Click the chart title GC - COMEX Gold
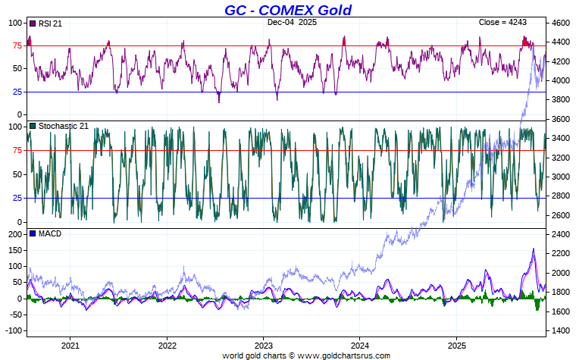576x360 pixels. (x=287, y=10)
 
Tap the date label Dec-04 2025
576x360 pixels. (x=292, y=23)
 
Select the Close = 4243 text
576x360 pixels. (x=502, y=23)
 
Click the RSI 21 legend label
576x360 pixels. (x=49, y=23)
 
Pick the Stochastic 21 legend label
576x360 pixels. (x=64, y=125)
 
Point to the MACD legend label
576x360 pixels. (x=49, y=233)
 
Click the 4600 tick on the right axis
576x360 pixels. (x=562, y=23)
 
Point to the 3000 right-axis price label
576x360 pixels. (x=562, y=177)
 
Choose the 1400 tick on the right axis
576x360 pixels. (x=562, y=331)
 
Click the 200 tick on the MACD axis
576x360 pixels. (x=15, y=234)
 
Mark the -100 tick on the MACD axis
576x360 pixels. (x=13, y=331)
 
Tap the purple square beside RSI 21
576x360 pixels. (x=32, y=23)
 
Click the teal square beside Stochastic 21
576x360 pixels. (x=32, y=125)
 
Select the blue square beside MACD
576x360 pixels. (x=32, y=233)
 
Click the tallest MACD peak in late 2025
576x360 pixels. (x=533, y=249)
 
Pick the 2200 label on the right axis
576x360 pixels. (x=562, y=254)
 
